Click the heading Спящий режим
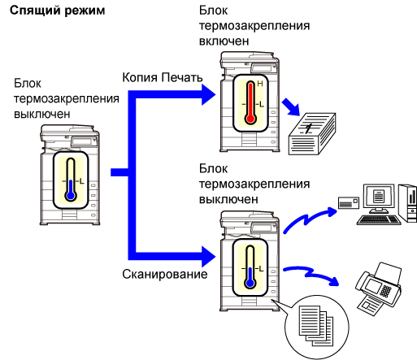[x=57, y=11]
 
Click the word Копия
[x=140, y=78]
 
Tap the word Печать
[x=182, y=77]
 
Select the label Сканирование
[x=165, y=274]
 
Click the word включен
[x=224, y=41]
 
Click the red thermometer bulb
[x=250, y=119]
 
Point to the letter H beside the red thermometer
[x=260, y=84]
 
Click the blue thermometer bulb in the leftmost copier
[x=71, y=195]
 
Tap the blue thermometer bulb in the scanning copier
[x=250, y=283]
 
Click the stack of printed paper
[x=312, y=134]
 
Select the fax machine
[x=379, y=288]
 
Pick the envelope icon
[x=349, y=203]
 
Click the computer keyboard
[x=379, y=219]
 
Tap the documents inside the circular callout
[x=315, y=326]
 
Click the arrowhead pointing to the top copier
[x=208, y=94]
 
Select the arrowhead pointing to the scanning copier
[x=208, y=257]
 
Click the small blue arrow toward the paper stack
[x=291, y=107]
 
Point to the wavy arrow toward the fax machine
[x=311, y=274]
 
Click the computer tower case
[x=408, y=203]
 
